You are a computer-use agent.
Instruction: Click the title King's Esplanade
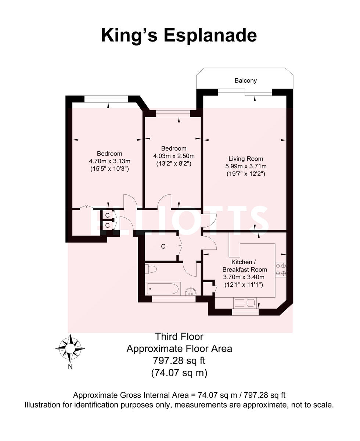pos(179,36)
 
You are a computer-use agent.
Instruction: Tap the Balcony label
pos(246,80)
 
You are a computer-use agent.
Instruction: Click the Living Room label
pos(246,159)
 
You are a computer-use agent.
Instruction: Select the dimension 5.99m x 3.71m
pos(246,166)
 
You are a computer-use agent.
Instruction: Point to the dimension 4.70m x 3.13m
pos(109,161)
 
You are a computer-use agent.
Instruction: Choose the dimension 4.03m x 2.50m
pos(174,156)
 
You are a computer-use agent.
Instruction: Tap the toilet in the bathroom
pos(151,269)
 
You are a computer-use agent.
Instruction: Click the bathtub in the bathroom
pos(163,288)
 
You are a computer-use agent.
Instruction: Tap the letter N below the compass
pos(70,366)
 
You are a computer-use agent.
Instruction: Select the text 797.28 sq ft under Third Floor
pos(179,361)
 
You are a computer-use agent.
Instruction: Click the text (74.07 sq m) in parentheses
pos(179,373)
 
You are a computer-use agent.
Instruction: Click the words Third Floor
pos(179,336)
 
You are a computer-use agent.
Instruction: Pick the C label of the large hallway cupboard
pos(163,247)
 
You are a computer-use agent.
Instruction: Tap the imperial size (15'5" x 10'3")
pos(109,169)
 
